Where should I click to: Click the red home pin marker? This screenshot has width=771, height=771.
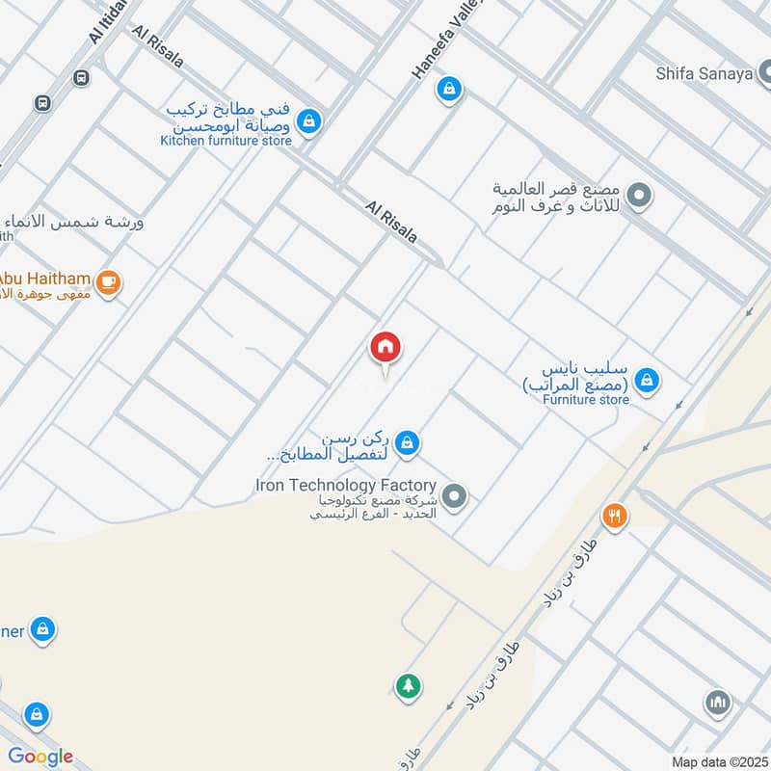click(385, 348)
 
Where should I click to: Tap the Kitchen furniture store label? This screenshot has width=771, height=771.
click(226, 141)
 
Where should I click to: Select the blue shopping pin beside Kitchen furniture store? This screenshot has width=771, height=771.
click(309, 122)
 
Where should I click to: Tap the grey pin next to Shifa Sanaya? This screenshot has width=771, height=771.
click(764, 72)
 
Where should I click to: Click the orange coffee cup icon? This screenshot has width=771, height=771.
click(110, 282)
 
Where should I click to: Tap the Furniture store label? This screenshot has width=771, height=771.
click(585, 399)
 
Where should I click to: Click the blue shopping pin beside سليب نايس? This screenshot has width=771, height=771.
click(649, 381)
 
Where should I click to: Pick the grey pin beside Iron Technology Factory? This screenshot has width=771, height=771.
click(457, 497)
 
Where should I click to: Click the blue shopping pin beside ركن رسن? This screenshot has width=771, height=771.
click(408, 441)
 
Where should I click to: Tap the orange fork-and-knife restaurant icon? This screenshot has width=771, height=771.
click(615, 517)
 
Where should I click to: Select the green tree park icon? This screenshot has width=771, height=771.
click(408, 685)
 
